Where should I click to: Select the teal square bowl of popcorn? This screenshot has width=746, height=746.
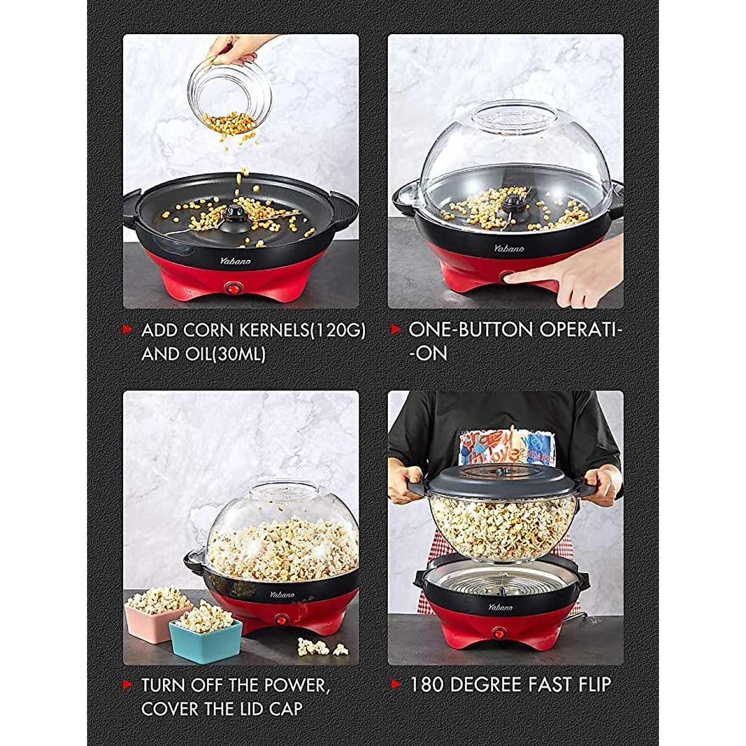coord(205,635)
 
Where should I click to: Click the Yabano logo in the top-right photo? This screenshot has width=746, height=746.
coord(509,249)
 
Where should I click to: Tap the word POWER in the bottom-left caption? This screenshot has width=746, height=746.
coord(292,685)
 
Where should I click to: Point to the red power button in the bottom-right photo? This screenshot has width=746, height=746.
coord(498,632)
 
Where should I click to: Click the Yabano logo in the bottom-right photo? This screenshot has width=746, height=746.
coord(500,607)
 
